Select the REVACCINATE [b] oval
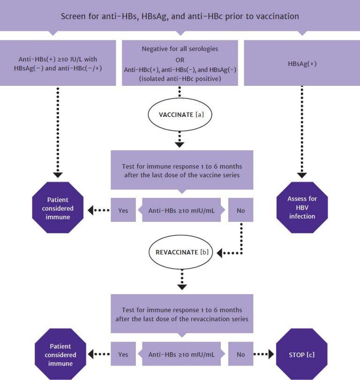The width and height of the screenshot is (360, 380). pyautogui.click(x=180, y=252)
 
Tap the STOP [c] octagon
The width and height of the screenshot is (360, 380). pyautogui.click(x=302, y=354)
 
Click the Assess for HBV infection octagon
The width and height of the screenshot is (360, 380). pyautogui.click(x=302, y=207)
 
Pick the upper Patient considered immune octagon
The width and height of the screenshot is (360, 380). pyautogui.click(x=58, y=207)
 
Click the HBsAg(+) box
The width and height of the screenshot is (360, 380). pyautogui.click(x=302, y=63)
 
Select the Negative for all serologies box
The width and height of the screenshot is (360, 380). pyautogui.click(x=180, y=63)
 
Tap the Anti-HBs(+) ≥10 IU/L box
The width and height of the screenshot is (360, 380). pyautogui.click(x=58, y=63)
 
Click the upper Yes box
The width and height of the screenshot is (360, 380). pyautogui.click(x=123, y=211)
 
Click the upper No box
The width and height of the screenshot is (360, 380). pyautogui.click(x=240, y=211)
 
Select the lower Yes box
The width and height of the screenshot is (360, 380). pyautogui.click(x=123, y=354)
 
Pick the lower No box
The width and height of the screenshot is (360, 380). pyautogui.click(x=240, y=354)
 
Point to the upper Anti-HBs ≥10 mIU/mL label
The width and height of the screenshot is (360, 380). pyautogui.click(x=181, y=211)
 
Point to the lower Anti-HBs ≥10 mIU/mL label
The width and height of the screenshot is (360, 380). pyautogui.click(x=181, y=354)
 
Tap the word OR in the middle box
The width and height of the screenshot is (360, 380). pyautogui.click(x=180, y=59)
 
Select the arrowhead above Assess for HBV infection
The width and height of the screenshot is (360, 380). pyautogui.click(x=302, y=175)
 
